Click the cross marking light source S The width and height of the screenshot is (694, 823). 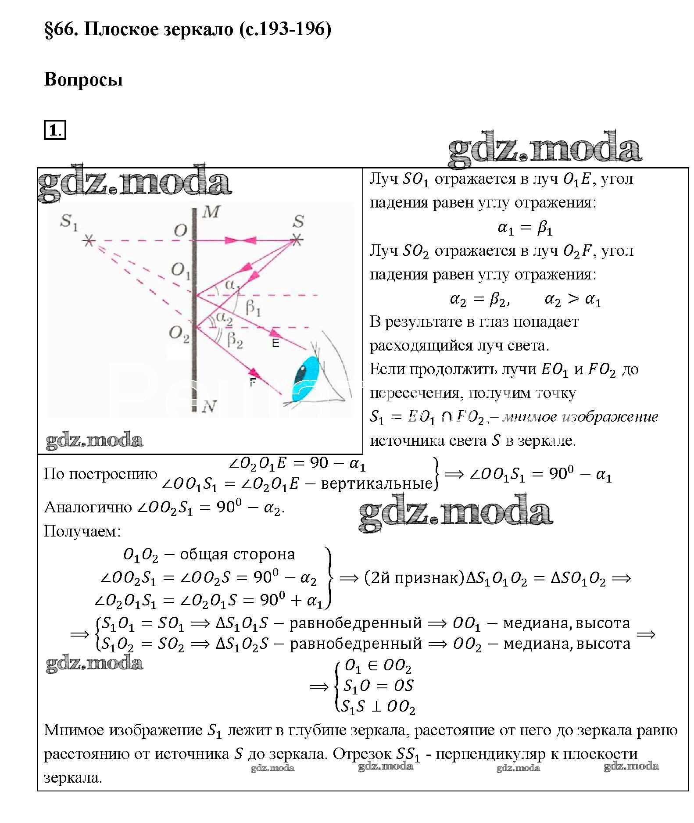[297, 240]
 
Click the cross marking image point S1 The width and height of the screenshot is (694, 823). [89, 240]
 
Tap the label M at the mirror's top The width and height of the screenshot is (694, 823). [211, 213]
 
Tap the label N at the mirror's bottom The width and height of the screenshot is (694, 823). [209, 407]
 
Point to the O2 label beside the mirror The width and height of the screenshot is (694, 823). [179, 334]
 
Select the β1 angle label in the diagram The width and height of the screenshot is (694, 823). [253, 308]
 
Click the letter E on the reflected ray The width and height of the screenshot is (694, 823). [275, 343]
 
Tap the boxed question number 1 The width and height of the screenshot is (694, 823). [54, 131]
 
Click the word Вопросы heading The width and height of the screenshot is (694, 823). [83, 80]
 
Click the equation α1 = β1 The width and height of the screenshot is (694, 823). [525, 228]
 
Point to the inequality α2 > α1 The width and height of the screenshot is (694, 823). [572, 300]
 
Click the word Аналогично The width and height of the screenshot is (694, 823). [88, 508]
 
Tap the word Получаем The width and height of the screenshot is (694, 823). [82, 531]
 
